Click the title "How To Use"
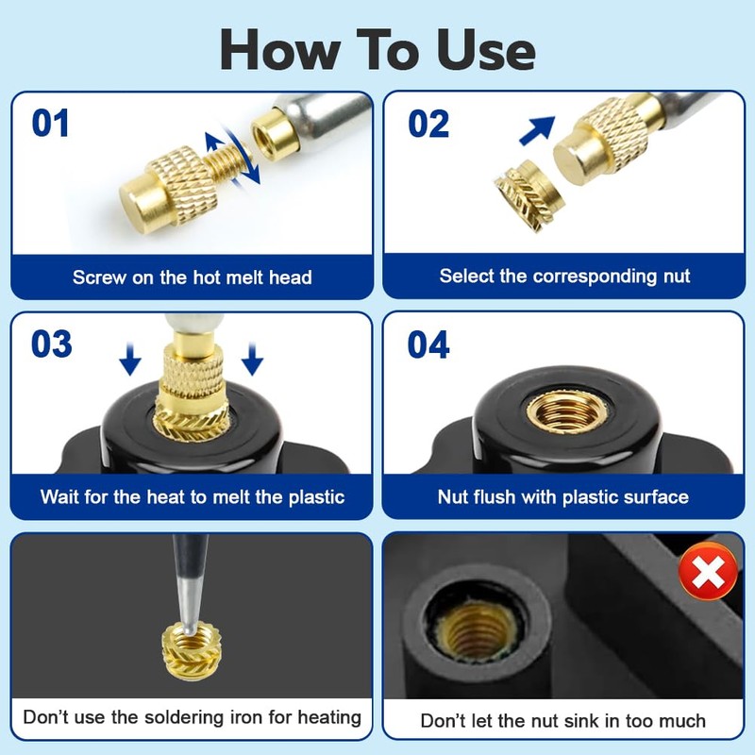pyautogui.click(x=377, y=48)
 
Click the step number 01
pyautogui.click(x=51, y=125)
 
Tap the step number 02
pyautogui.click(x=428, y=125)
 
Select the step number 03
pyautogui.click(x=51, y=344)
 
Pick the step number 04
pyautogui.click(x=428, y=345)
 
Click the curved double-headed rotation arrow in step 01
pyautogui.click(x=232, y=156)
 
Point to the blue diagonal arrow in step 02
pyautogui.click(x=538, y=129)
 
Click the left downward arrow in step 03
pyautogui.click(x=130, y=358)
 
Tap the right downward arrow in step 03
pyautogui.click(x=251, y=358)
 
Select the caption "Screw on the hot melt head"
pyautogui.click(x=192, y=277)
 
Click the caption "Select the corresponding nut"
pyautogui.click(x=564, y=277)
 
